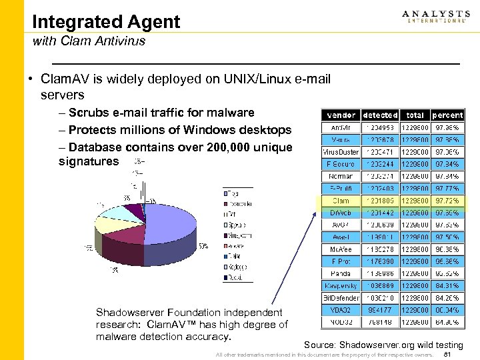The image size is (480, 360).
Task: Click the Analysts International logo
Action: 436,17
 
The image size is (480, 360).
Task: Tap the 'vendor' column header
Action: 341,115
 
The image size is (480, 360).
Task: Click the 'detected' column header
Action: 381,115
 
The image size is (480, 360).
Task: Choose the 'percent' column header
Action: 447,115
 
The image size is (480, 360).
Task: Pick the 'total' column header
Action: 415,115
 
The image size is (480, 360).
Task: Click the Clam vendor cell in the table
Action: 341,200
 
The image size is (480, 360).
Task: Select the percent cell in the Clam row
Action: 447,200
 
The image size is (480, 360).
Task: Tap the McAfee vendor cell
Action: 341,249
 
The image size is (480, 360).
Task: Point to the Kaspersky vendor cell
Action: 341,285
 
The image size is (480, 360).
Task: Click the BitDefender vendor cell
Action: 341,298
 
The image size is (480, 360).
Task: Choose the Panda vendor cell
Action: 341,273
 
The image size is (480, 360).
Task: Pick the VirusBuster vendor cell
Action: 341,151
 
